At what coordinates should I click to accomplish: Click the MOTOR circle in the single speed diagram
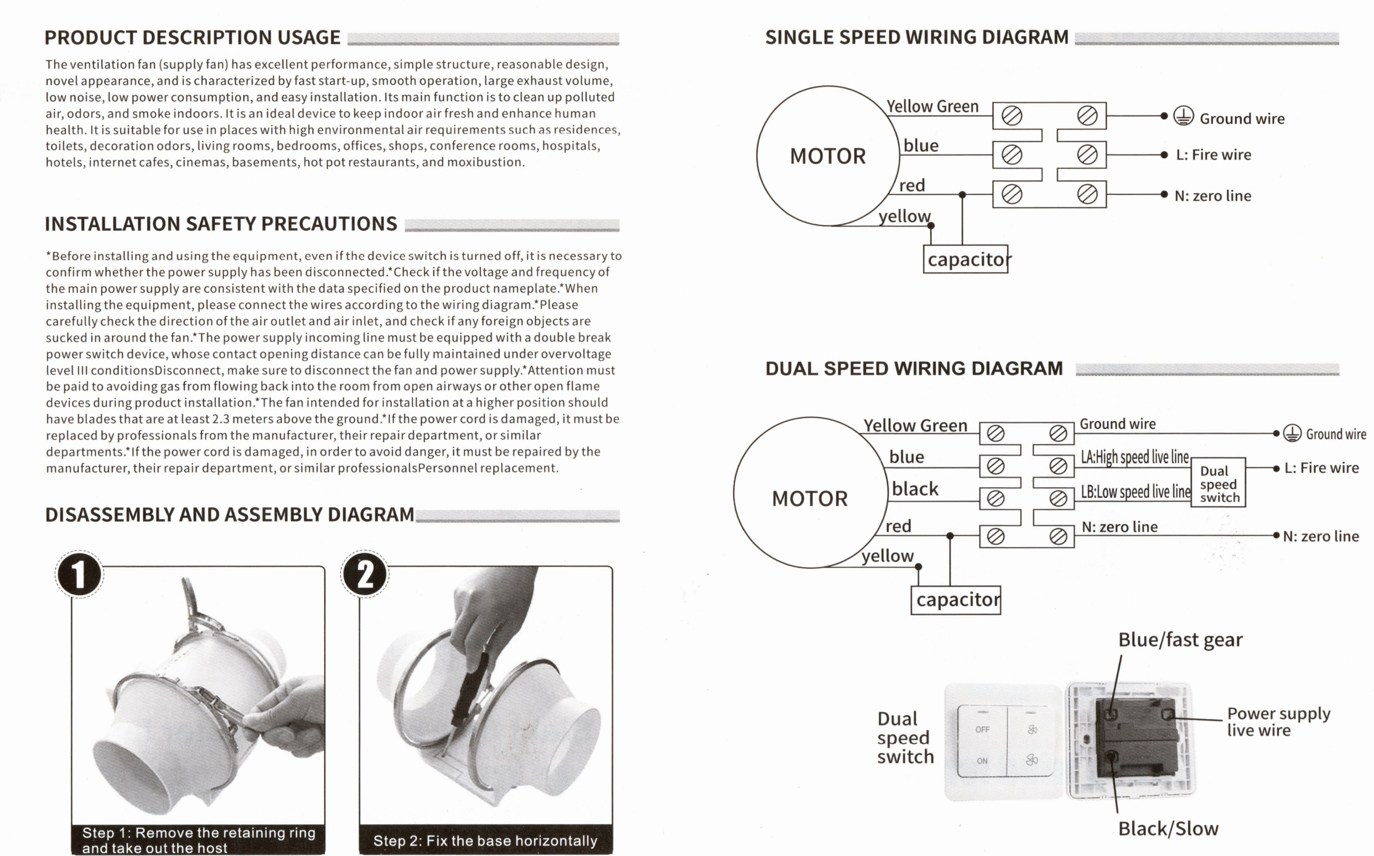coord(828,156)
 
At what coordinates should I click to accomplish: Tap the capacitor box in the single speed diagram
coord(966,259)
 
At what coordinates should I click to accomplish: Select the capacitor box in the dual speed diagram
coord(956,599)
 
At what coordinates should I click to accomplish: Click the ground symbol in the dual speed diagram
coord(1292,433)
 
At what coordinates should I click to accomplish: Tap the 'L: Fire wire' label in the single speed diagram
coord(1213,155)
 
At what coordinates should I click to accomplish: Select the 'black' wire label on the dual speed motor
coord(915,488)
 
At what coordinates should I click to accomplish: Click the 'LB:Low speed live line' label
coord(1135,492)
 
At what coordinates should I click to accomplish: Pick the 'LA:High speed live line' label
coord(1135,457)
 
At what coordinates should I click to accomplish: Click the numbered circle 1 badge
coord(79,574)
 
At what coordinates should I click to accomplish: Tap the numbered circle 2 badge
coord(365,574)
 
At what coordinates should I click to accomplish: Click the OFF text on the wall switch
coord(982,730)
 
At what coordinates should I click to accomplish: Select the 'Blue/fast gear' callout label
coord(1180,640)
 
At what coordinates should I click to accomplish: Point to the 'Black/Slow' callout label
coord(1168,829)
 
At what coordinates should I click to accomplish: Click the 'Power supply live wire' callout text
coord(1278,721)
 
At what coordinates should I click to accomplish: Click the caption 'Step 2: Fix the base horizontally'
coord(485,841)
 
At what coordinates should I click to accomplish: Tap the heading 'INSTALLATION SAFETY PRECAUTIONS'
coord(221,224)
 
